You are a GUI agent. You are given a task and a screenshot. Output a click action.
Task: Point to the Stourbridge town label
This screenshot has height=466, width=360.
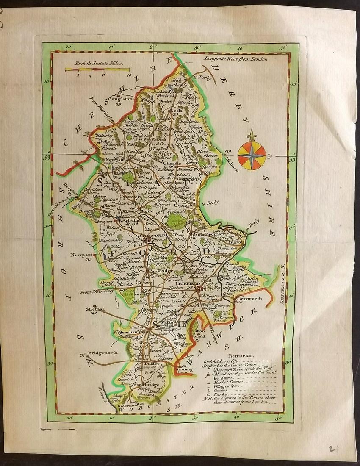pyautogui.click(x=147, y=385)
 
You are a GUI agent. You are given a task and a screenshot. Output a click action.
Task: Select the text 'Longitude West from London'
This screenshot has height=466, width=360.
pyautogui.click(x=233, y=59)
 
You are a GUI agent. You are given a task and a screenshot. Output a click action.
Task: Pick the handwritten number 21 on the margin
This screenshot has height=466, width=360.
pyautogui.click(x=335, y=448)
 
